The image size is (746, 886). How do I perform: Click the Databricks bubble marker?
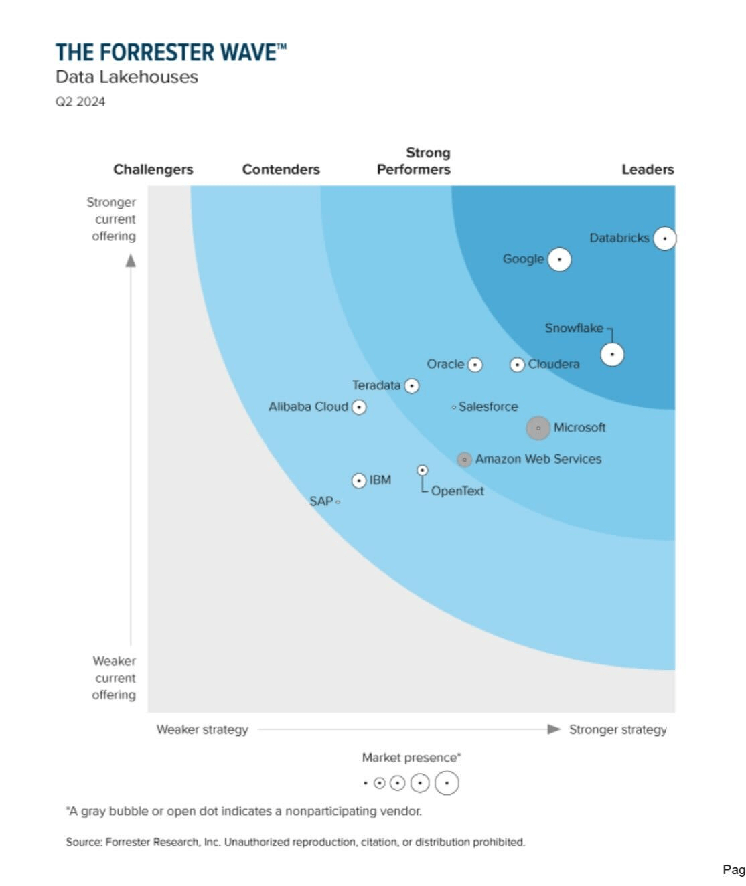pos(664,238)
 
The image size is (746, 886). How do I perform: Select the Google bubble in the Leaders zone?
pos(559,259)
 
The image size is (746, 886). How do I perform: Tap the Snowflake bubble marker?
pos(611,354)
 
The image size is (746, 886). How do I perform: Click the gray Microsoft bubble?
pos(538,428)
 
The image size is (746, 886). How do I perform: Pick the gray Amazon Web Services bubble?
pos(464,460)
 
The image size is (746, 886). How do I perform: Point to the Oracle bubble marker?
pos(475,365)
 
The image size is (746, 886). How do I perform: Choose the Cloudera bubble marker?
pos(517,365)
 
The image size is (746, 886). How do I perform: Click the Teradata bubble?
pos(412,386)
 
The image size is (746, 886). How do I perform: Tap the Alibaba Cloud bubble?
pos(359,407)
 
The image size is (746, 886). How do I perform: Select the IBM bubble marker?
pos(359,480)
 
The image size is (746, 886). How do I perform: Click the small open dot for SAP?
pos(338,501)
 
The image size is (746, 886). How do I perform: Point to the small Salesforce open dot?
pos(454,407)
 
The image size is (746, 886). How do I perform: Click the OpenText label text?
pos(457,491)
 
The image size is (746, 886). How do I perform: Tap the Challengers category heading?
pos(153,169)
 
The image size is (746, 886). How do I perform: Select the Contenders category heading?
pos(281,169)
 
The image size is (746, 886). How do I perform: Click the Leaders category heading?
pos(647,169)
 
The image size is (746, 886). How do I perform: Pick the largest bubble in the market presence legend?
pos(447,782)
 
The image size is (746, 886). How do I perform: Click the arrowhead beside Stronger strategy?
pos(554,729)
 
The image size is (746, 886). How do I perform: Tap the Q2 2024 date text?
pos(80,102)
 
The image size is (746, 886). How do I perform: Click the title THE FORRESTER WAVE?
pos(170,52)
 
